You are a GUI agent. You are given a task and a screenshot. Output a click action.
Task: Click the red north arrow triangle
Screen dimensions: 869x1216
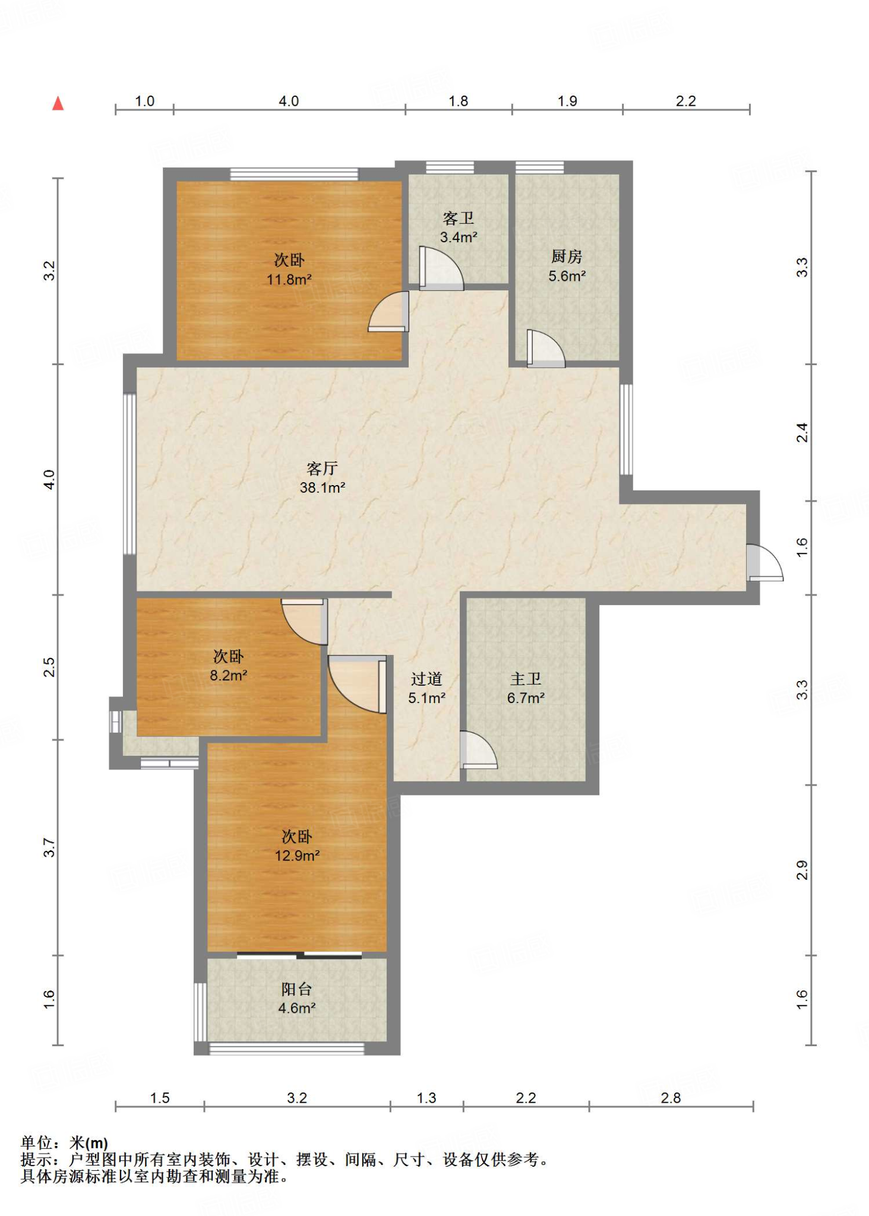coord(58,103)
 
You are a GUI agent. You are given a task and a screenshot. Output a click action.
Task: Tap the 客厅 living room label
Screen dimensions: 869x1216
coord(323,468)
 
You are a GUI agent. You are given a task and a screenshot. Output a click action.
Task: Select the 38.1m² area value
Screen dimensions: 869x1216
coord(323,487)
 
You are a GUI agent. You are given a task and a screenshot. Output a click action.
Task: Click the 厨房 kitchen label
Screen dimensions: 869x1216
coord(567,256)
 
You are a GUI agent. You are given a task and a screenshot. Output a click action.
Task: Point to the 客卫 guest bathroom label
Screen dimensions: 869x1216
coord(459,218)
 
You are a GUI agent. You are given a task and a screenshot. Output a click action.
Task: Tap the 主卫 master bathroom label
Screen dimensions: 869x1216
coord(526,679)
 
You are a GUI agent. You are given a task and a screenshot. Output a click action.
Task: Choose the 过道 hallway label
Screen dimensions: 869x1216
coord(426,679)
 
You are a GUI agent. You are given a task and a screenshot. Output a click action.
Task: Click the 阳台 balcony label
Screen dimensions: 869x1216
coord(296,989)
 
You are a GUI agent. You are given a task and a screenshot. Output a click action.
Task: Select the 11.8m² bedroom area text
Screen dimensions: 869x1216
coord(289,279)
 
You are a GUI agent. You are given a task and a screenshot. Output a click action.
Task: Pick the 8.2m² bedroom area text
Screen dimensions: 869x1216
coord(229,675)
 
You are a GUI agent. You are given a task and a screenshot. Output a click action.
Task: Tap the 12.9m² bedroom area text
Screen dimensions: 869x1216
coord(297,856)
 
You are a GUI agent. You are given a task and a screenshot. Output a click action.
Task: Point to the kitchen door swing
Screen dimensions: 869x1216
coord(546,349)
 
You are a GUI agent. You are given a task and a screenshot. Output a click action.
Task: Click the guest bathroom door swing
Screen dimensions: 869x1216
coord(441,268)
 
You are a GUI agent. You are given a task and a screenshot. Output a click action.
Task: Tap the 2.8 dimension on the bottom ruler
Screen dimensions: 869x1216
coord(671,1098)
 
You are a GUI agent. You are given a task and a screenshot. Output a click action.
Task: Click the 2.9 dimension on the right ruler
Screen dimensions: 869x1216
coord(802,870)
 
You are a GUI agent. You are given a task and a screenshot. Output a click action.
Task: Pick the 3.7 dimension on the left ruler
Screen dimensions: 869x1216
coord(49,847)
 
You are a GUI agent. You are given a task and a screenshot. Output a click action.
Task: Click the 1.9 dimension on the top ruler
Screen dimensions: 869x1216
coord(567,101)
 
